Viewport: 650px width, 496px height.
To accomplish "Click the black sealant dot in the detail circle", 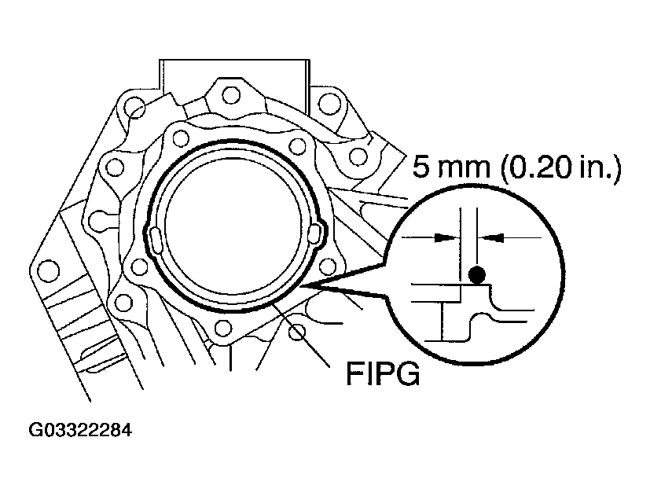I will pyautogui.click(x=476, y=275).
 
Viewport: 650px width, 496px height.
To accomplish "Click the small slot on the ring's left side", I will pyautogui.click(x=156, y=239).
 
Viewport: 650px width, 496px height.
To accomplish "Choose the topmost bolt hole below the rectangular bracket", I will pyautogui.click(x=230, y=96).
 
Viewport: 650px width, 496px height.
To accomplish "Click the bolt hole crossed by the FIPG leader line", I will pyautogui.click(x=296, y=333).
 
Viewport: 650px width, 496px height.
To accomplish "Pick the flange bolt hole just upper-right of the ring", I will pyautogui.click(x=297, y=145).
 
